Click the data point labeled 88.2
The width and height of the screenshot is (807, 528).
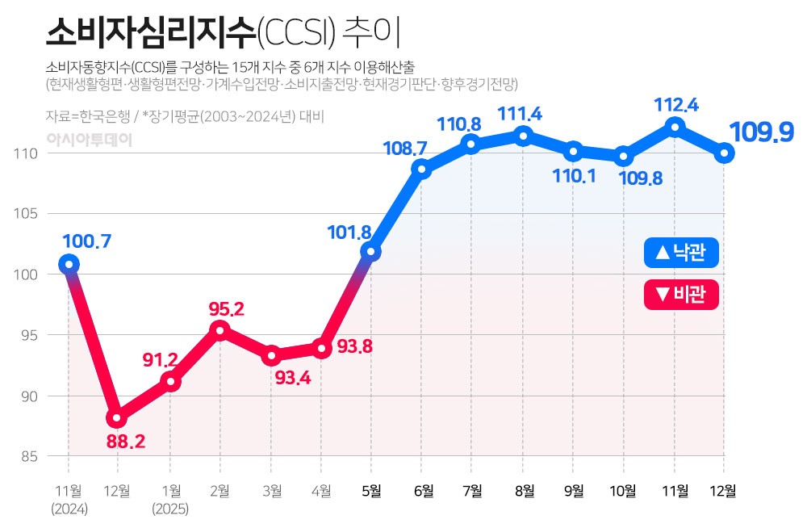[118, 418]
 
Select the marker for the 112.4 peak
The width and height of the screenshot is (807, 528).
[675, 126]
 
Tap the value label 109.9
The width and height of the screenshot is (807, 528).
[762, 132]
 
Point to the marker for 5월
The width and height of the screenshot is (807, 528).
[371, 252]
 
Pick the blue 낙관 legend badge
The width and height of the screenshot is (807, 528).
[681, 253]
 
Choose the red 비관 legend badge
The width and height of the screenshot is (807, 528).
[681, 294]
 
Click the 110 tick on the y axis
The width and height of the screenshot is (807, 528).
[31, 153]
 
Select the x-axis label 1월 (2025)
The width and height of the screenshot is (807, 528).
[170, 498]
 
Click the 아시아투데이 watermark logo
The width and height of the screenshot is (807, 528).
[89, 139]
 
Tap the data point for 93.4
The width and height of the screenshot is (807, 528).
[271, 355]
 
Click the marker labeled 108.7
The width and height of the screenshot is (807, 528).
[421, 169]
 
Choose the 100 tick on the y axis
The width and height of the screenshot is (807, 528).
[31, 274]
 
